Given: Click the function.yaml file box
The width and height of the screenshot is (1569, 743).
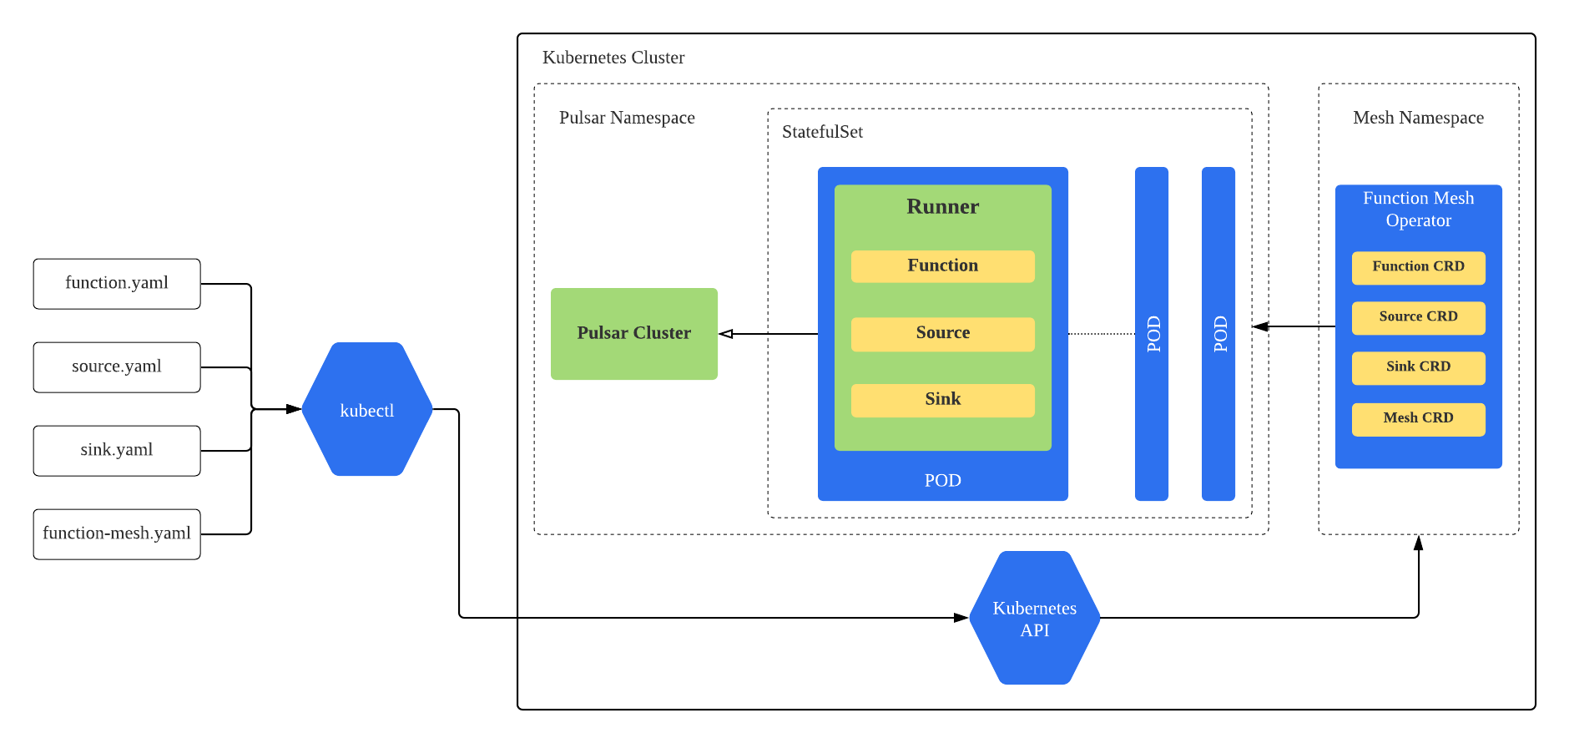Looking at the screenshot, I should click(x=117, y=284).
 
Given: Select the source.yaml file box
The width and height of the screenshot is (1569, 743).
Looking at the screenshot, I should click(x=117, y=367).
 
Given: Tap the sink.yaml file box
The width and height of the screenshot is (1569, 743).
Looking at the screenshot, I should click(x=117, y=451).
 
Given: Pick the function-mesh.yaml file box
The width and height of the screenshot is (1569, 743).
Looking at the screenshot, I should click(x=117, y=534).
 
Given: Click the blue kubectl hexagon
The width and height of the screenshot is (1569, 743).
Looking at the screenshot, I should click(x=367, y=410).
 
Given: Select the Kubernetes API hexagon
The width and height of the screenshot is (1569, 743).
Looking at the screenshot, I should click(x=1035, y=619).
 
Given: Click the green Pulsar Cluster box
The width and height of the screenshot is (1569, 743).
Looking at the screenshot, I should click(x=634, y=334).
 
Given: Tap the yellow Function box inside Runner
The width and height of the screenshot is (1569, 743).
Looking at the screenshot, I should click(x=943, y=266).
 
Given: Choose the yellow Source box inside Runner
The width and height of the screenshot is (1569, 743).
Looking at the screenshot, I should click(x=943, y=333).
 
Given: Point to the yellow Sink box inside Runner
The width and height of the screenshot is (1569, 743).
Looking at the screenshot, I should click(x=943, y=400).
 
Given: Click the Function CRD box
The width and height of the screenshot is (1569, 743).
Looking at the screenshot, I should click(x=1418, y=267).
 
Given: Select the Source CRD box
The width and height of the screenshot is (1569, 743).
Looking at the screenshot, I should click(x=1418, y=317).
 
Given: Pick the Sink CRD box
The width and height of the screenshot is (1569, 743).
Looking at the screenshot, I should click(x=1418, y=367).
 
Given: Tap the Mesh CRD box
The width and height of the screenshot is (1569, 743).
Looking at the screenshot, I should click(x=1418, y=418).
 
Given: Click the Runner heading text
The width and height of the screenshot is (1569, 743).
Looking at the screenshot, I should click(x=943, y=207).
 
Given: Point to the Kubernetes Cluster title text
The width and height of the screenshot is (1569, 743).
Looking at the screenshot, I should click(x=613, y=58).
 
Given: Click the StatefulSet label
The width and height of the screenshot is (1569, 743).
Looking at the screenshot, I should click(x=822, y=132).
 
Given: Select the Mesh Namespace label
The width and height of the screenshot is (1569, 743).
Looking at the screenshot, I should click(x=1418, y=118).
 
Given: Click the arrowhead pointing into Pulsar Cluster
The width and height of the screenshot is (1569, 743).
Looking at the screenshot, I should click(x=726, y=334).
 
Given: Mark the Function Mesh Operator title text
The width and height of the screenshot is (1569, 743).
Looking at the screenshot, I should click(x=1418, y=210).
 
